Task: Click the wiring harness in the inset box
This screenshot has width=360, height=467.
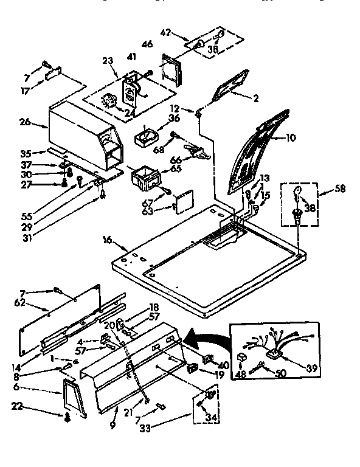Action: click(277, 348)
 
